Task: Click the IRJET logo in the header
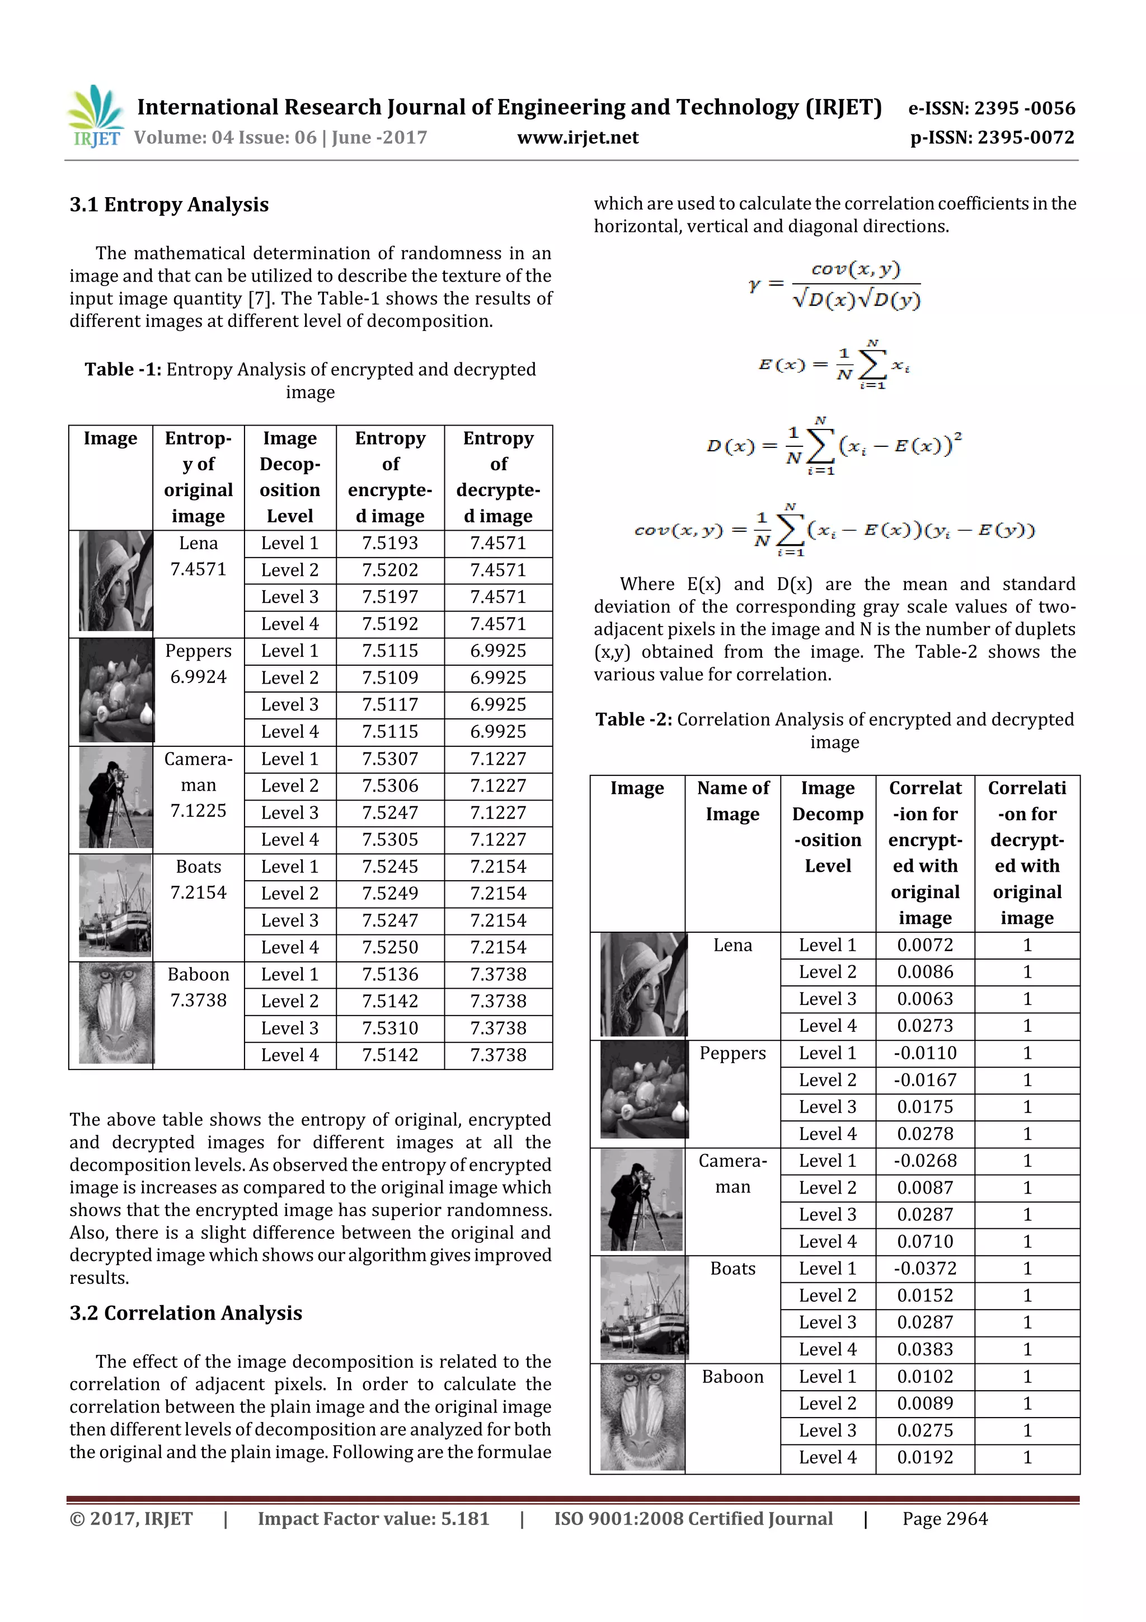pos(95,116)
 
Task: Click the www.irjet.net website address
pos(577,138)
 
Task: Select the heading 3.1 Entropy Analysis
pos(169,205)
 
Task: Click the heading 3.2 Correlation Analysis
pos(186,1312)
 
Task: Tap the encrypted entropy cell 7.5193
pos(390,543)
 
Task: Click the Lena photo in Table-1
pos(115,581)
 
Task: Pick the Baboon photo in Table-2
pos(642,1417)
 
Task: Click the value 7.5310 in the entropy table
pos(390,1028)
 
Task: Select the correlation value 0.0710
pos(924,1241)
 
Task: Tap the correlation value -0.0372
pos(924,1268)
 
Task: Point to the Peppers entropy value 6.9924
pos(199,677)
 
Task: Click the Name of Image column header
pos(732,801)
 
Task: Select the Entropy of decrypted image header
pos(498,477)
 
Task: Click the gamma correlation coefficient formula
pos(835,284)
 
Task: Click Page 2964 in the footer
pos(945,1519)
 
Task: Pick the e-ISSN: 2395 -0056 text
pos(992,108)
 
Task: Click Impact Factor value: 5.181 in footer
pos(373,1519)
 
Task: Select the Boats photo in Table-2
pos(642,1309)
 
